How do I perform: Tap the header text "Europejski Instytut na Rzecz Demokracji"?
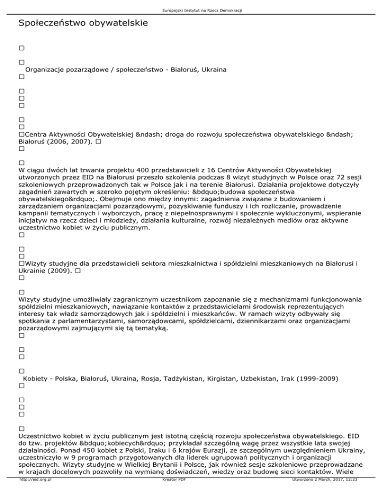coord(193,4)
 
